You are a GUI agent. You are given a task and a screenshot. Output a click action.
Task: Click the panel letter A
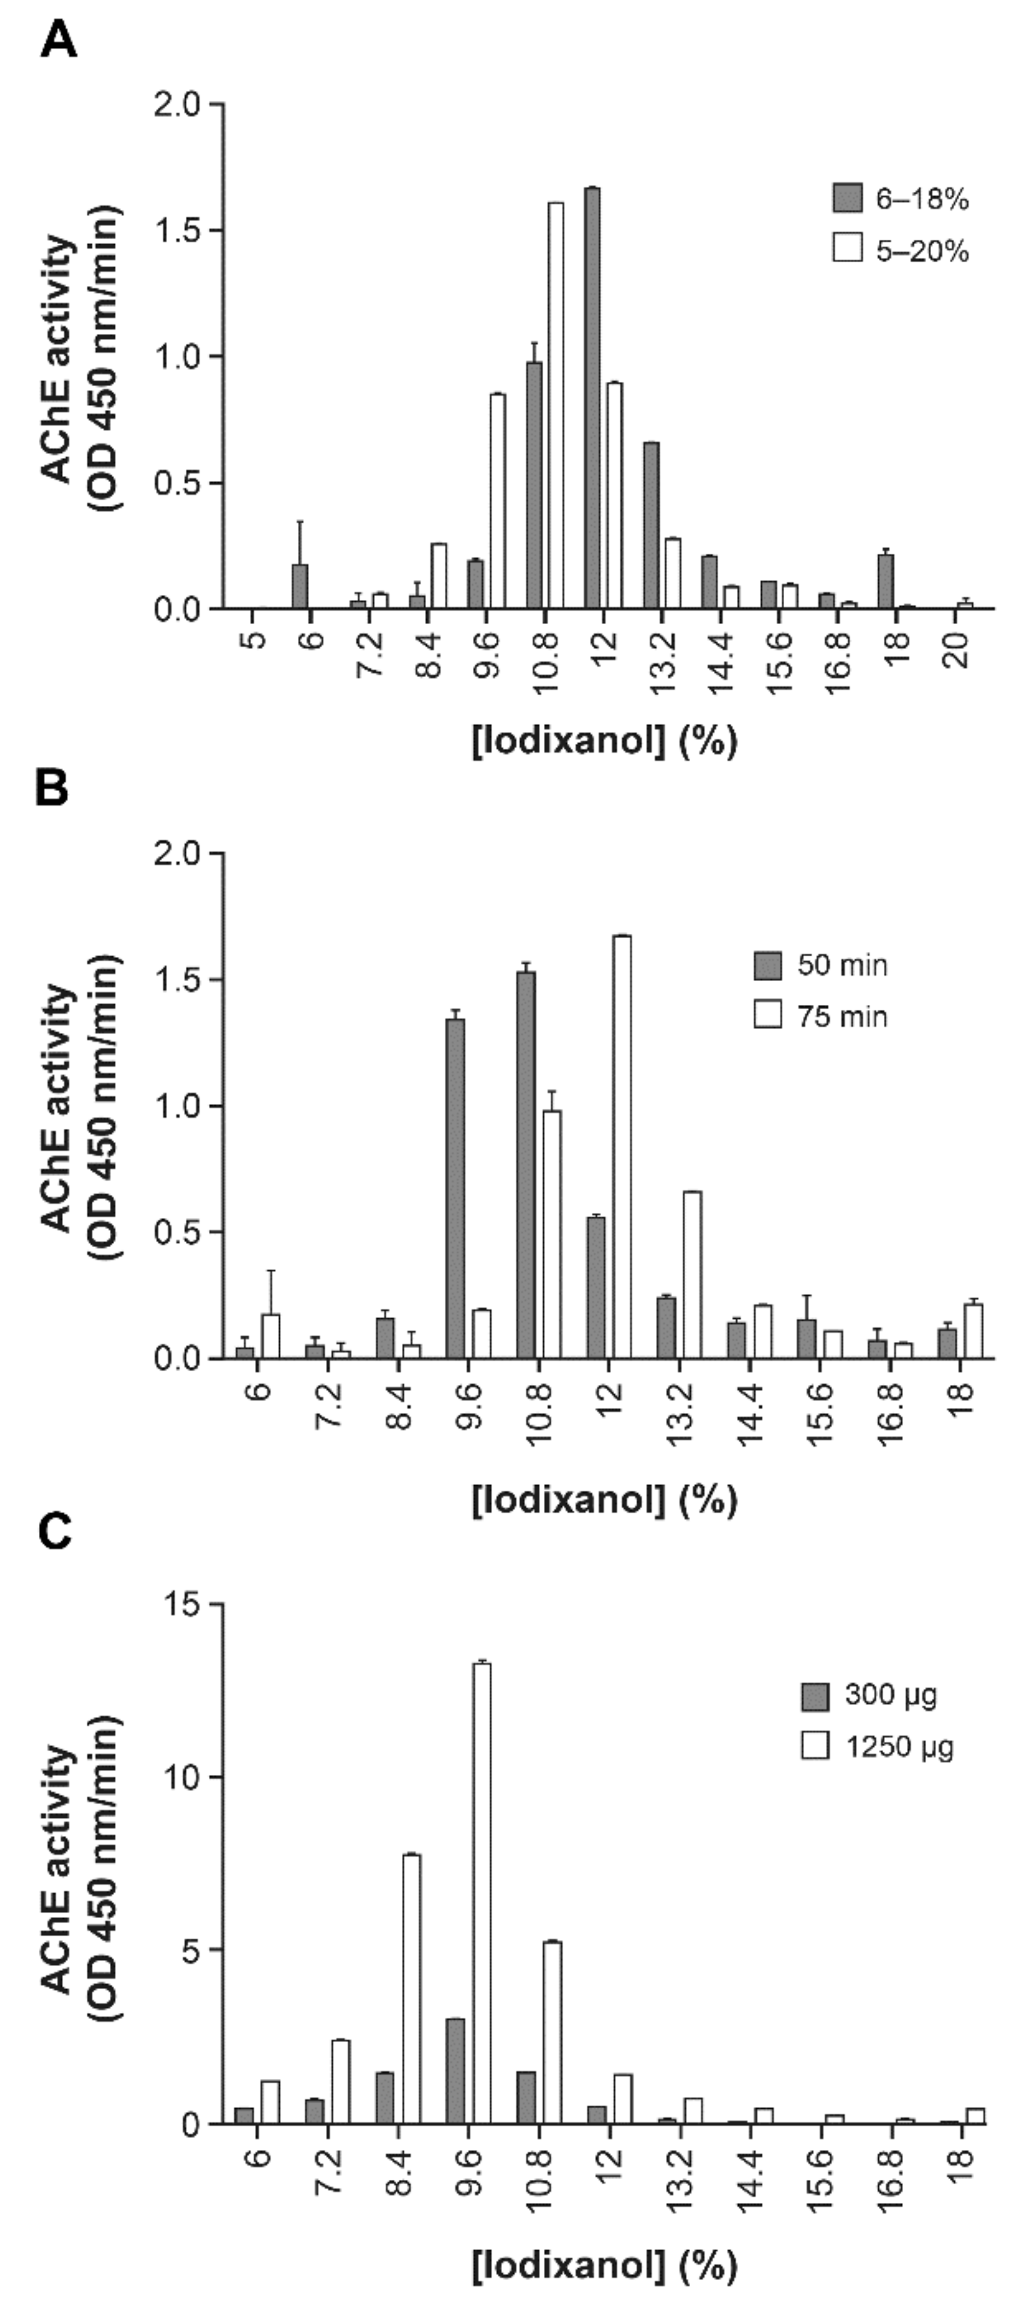[58, 41]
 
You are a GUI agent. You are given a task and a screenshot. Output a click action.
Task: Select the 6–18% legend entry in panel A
[900, 199]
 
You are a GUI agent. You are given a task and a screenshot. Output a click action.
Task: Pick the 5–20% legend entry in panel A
[900, 250]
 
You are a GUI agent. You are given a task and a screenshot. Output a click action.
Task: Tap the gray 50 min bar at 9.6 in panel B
[456, 1188]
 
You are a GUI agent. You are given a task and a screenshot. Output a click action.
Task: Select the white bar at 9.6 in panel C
[482, 1893]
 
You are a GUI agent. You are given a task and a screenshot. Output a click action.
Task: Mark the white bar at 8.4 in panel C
[412, 1989]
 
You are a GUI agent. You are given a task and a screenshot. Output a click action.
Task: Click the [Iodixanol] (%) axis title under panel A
[605, 742]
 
